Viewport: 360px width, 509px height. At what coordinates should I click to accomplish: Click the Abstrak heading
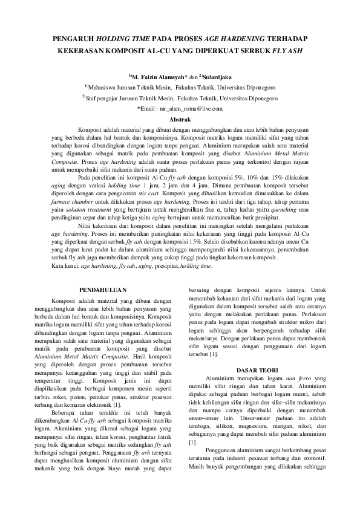[180, 120]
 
